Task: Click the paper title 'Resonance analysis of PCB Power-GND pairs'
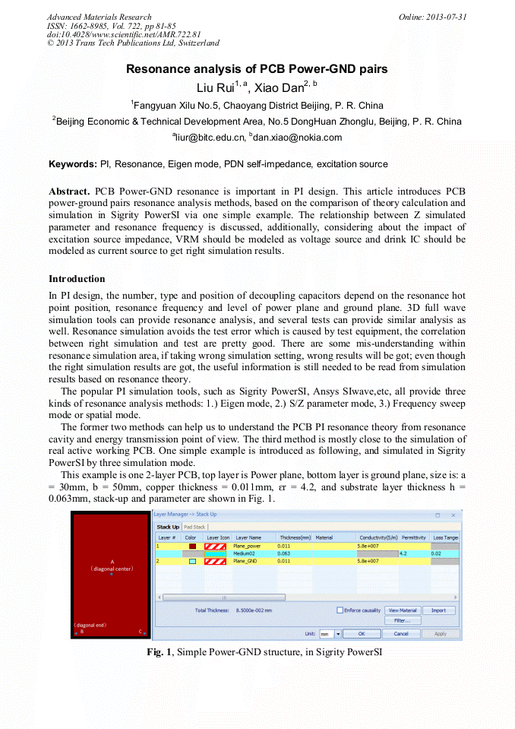click(x=257, y=69)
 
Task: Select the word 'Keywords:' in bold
click(x=73, y=164)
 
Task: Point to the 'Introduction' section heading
click(x=77, y=279)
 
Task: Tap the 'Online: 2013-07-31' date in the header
click(x=432, y=17)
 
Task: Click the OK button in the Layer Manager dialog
click(x=362, y=633)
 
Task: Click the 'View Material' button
click(x=403, y=610)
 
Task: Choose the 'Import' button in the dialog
click(x=439, y=610)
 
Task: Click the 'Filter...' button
click(x=403, y=620)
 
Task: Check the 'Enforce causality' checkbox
click(x=340, y=610)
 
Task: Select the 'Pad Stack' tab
click(x=195, y=527)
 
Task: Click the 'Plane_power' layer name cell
click(x=248, y=546)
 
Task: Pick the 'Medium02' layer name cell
click(x=244, y=553)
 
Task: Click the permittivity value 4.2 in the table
click(x=403, y=553)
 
